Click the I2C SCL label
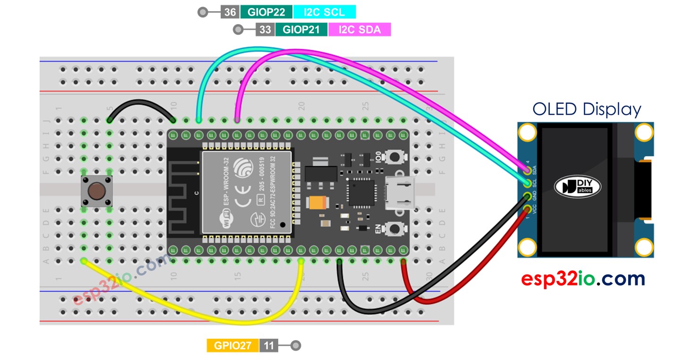tap(324, 12)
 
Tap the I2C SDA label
tap(359, 30)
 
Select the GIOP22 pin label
tap(266, 12)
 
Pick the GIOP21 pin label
tap(301, 30)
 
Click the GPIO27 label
tap(233, 345)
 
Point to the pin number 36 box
tap(230, 12)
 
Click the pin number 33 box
tap(265, 30)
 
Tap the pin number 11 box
tap(268, 345)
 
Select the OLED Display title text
tap(587, 109)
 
